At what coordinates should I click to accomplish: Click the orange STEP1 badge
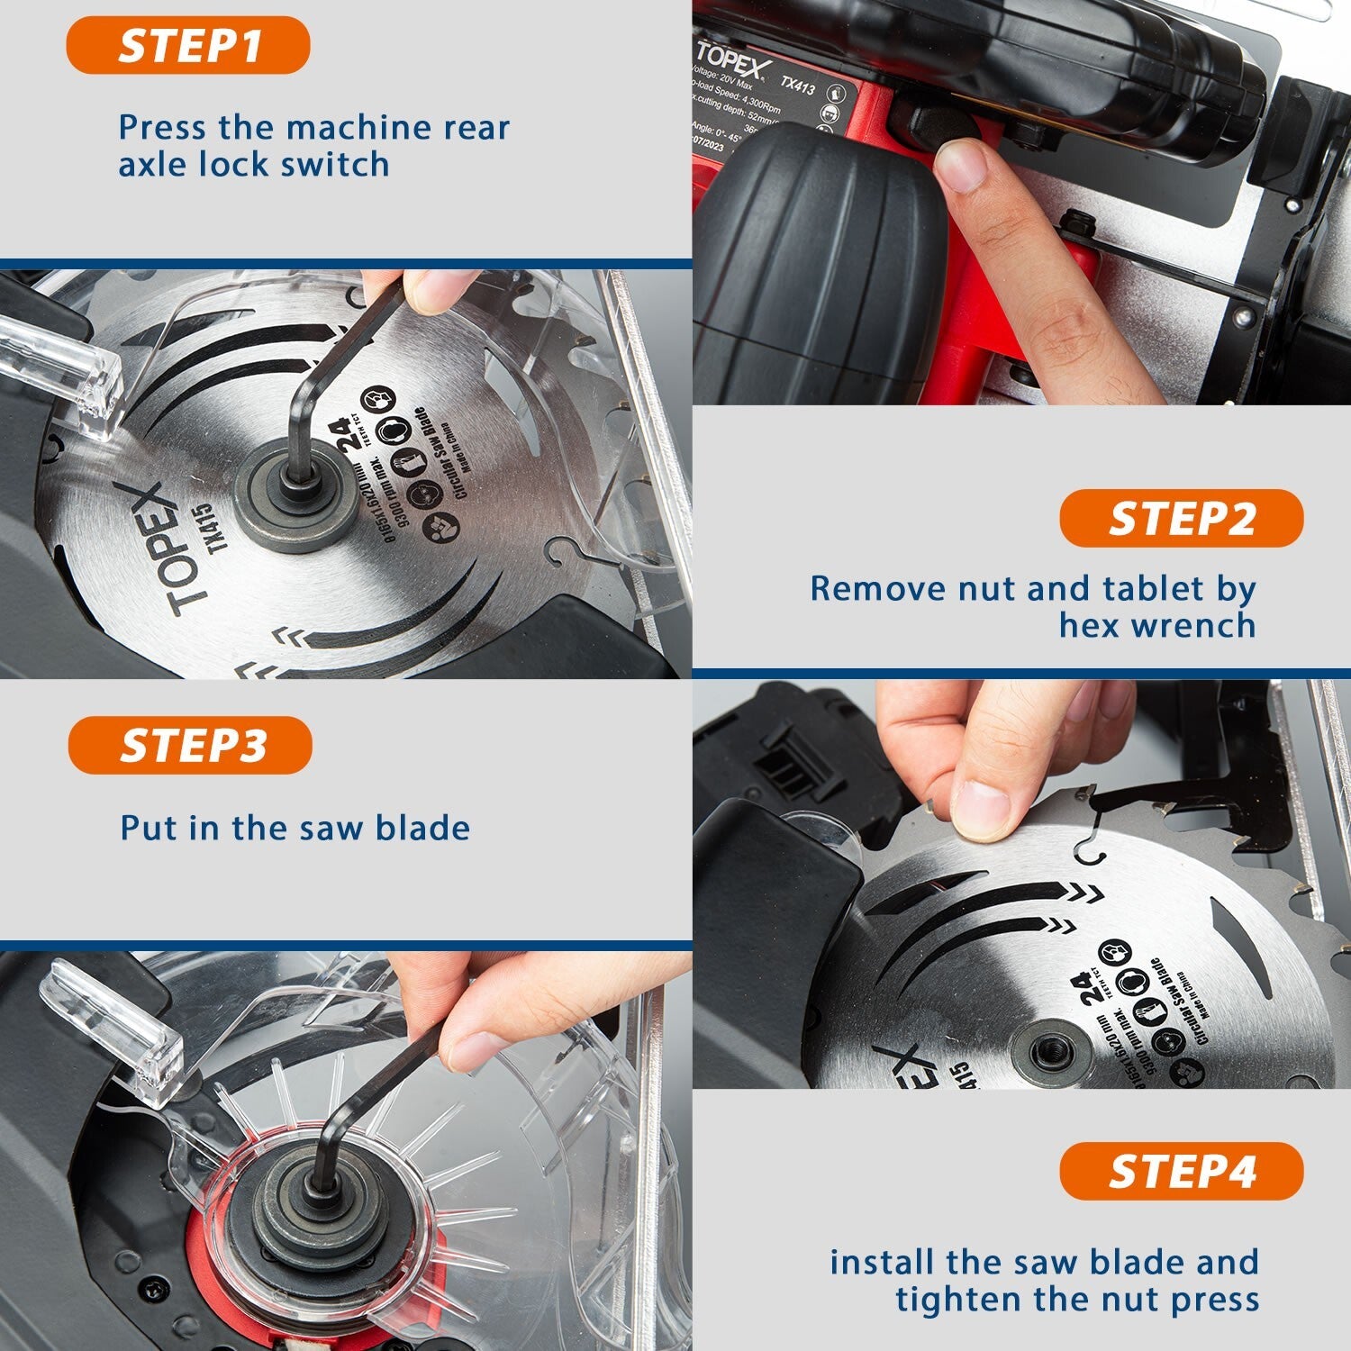pos(188,45)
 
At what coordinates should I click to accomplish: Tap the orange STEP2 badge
pos(1181,519)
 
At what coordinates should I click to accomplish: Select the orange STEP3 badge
pos(190,746)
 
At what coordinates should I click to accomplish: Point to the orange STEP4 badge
pos(1181,1172)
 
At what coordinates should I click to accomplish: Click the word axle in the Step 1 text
pos(154,165)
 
